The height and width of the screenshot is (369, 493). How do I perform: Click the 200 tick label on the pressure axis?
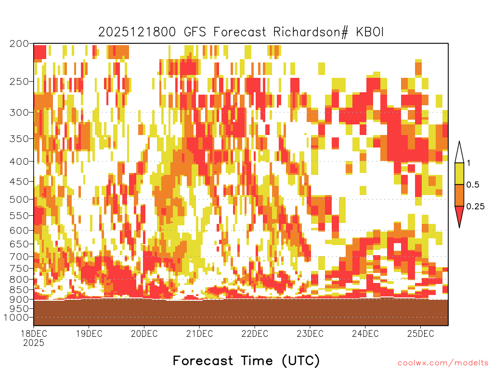point(19,44)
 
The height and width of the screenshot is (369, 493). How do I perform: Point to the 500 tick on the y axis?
point(19,199)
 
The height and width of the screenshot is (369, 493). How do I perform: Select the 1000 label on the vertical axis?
point(16,318)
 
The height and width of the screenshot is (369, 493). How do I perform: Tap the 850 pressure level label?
point(19,290)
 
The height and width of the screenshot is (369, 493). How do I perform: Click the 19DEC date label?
point(89,333)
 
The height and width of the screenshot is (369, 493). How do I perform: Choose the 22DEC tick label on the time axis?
point(255,333)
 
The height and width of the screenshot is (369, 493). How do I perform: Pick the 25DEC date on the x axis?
point(421,333)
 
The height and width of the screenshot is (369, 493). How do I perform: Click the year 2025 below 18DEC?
point(34,343)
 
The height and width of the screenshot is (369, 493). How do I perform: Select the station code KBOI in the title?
point(370,32)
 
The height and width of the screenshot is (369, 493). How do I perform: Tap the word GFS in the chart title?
point(195,32)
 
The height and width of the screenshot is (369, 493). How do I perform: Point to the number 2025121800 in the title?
point(137,32)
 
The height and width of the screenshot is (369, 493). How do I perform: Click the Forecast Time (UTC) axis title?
point(246,360)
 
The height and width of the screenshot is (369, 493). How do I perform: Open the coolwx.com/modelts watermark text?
point(443,363)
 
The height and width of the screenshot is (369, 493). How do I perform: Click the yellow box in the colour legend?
point(459,173)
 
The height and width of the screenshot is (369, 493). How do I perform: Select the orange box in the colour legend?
point(459,195)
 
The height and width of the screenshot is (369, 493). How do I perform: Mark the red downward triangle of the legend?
point(459,215)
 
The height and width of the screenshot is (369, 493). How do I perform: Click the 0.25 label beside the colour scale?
point(475,207)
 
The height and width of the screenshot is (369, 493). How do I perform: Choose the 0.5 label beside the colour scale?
point(473,185)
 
